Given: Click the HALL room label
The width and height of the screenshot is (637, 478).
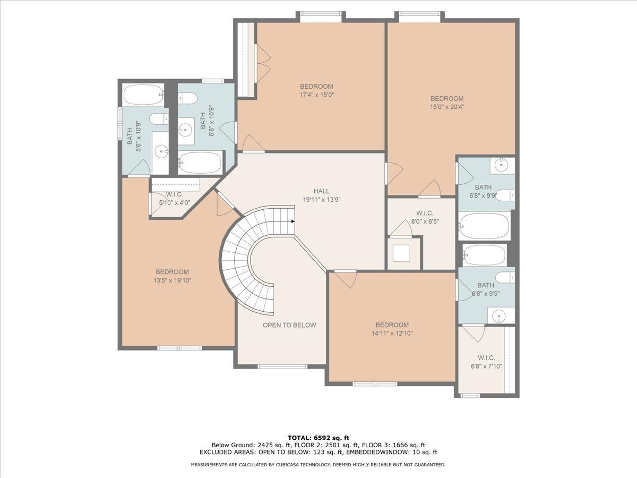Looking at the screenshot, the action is pos(321,191).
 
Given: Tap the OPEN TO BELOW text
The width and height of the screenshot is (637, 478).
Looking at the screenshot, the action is pos(289,325).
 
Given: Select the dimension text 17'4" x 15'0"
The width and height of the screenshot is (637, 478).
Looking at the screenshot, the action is pos(316,95).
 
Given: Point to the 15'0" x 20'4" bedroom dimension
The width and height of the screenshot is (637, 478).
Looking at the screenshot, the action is pos(447,107).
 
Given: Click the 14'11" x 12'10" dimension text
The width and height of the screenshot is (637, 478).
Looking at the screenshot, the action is pos(392,333).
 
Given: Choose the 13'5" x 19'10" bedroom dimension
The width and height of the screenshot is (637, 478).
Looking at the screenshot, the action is pos(173,280).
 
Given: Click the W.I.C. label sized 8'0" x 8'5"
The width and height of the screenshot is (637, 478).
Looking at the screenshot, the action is pos(425,214).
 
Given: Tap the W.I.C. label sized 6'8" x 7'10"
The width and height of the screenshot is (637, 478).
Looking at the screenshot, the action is pos(486,358).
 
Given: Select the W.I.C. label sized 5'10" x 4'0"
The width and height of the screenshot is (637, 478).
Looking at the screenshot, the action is pos(174,194).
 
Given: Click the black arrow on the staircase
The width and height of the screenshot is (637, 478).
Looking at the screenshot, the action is pos(293,221).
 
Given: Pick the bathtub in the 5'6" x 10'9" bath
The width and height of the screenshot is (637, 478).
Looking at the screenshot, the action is pos(143,95).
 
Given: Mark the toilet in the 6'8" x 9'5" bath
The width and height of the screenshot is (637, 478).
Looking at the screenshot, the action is pos(505,277).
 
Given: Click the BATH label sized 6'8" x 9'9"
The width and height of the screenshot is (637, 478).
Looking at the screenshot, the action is pos(483,187).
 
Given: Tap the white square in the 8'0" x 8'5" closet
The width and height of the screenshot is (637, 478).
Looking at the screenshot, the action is pos(401,253).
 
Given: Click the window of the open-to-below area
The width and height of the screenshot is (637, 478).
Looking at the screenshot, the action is pos(282,367).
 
